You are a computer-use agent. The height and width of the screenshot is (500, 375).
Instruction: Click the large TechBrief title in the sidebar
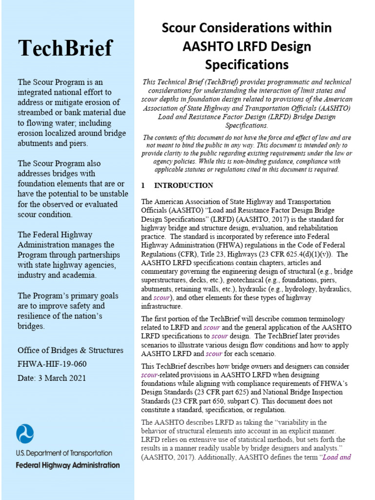coord(65,48)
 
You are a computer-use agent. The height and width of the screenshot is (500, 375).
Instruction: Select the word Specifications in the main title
coord(247,64)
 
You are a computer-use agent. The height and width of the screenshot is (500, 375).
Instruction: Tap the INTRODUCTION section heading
coord(184,186)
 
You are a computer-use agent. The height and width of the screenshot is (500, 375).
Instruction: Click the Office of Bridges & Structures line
coord(70,350)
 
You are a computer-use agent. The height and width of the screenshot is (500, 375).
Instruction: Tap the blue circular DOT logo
coord(25,434)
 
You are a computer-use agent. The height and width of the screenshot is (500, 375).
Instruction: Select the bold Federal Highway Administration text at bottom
coord(67,465)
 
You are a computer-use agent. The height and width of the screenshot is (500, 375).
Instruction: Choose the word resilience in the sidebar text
coord(38,316)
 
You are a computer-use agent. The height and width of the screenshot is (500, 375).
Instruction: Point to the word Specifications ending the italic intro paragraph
coord(246,125)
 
